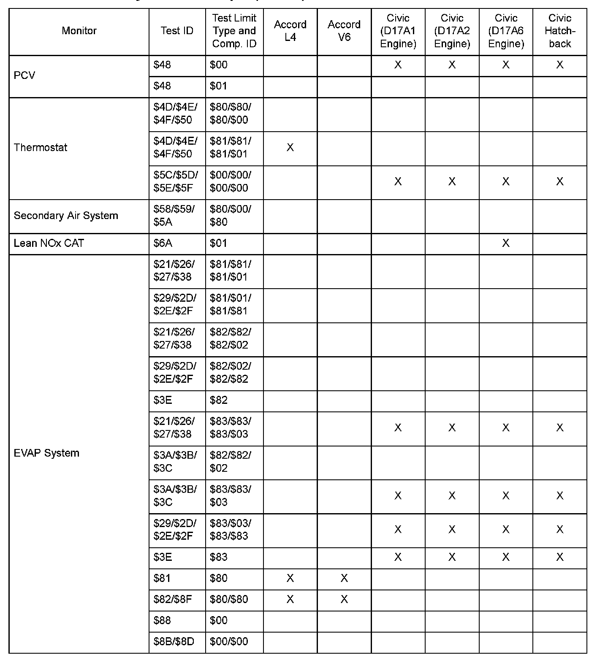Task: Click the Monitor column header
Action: pos(79,31)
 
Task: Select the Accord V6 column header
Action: pos(344,31)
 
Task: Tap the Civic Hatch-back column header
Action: pos(559,31)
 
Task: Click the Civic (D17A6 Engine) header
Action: pos(505,31)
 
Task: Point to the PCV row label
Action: pos(24,76)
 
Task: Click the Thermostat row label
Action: pos(41,148)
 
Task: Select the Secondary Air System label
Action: pos(66,216)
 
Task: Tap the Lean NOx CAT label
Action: pos(49,243)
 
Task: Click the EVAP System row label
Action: pos(46,453)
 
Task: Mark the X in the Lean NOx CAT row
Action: pos(505,243)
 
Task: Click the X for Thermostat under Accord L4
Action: pos(290,148)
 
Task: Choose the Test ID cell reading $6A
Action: pos(163,243)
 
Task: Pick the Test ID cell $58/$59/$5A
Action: pos(174,216)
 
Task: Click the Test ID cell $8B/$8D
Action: pos(174,642)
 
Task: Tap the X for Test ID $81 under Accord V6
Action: pos(344,579)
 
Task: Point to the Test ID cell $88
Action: pos(163,620)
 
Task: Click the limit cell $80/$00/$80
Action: pos(231,216)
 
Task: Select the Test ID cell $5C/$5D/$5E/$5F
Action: pos(176,181)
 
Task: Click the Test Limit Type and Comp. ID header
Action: pos(234,31)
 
